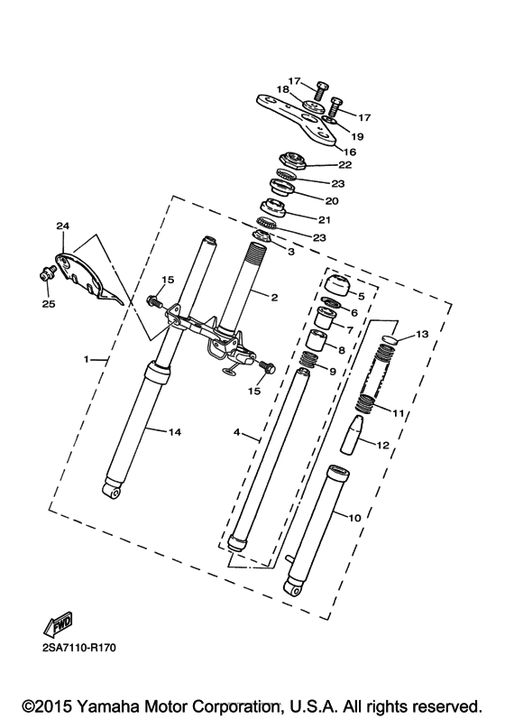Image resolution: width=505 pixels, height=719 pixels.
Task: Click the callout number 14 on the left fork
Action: [x=175, y=433]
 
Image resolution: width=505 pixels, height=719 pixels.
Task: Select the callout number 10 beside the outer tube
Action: [x=354, y=517]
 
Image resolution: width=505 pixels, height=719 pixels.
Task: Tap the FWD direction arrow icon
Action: [x=58, y=622]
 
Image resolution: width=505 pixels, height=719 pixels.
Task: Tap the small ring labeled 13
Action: [x=386, y=339]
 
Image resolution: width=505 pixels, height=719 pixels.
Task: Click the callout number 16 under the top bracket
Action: [x=350, y=152]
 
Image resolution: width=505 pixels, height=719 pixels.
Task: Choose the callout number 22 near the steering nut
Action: [x=344, y=165]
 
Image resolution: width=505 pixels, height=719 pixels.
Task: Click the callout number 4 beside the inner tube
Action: [x=237, y=433]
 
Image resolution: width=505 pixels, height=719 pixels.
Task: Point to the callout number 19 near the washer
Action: [x=357, y=136]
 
